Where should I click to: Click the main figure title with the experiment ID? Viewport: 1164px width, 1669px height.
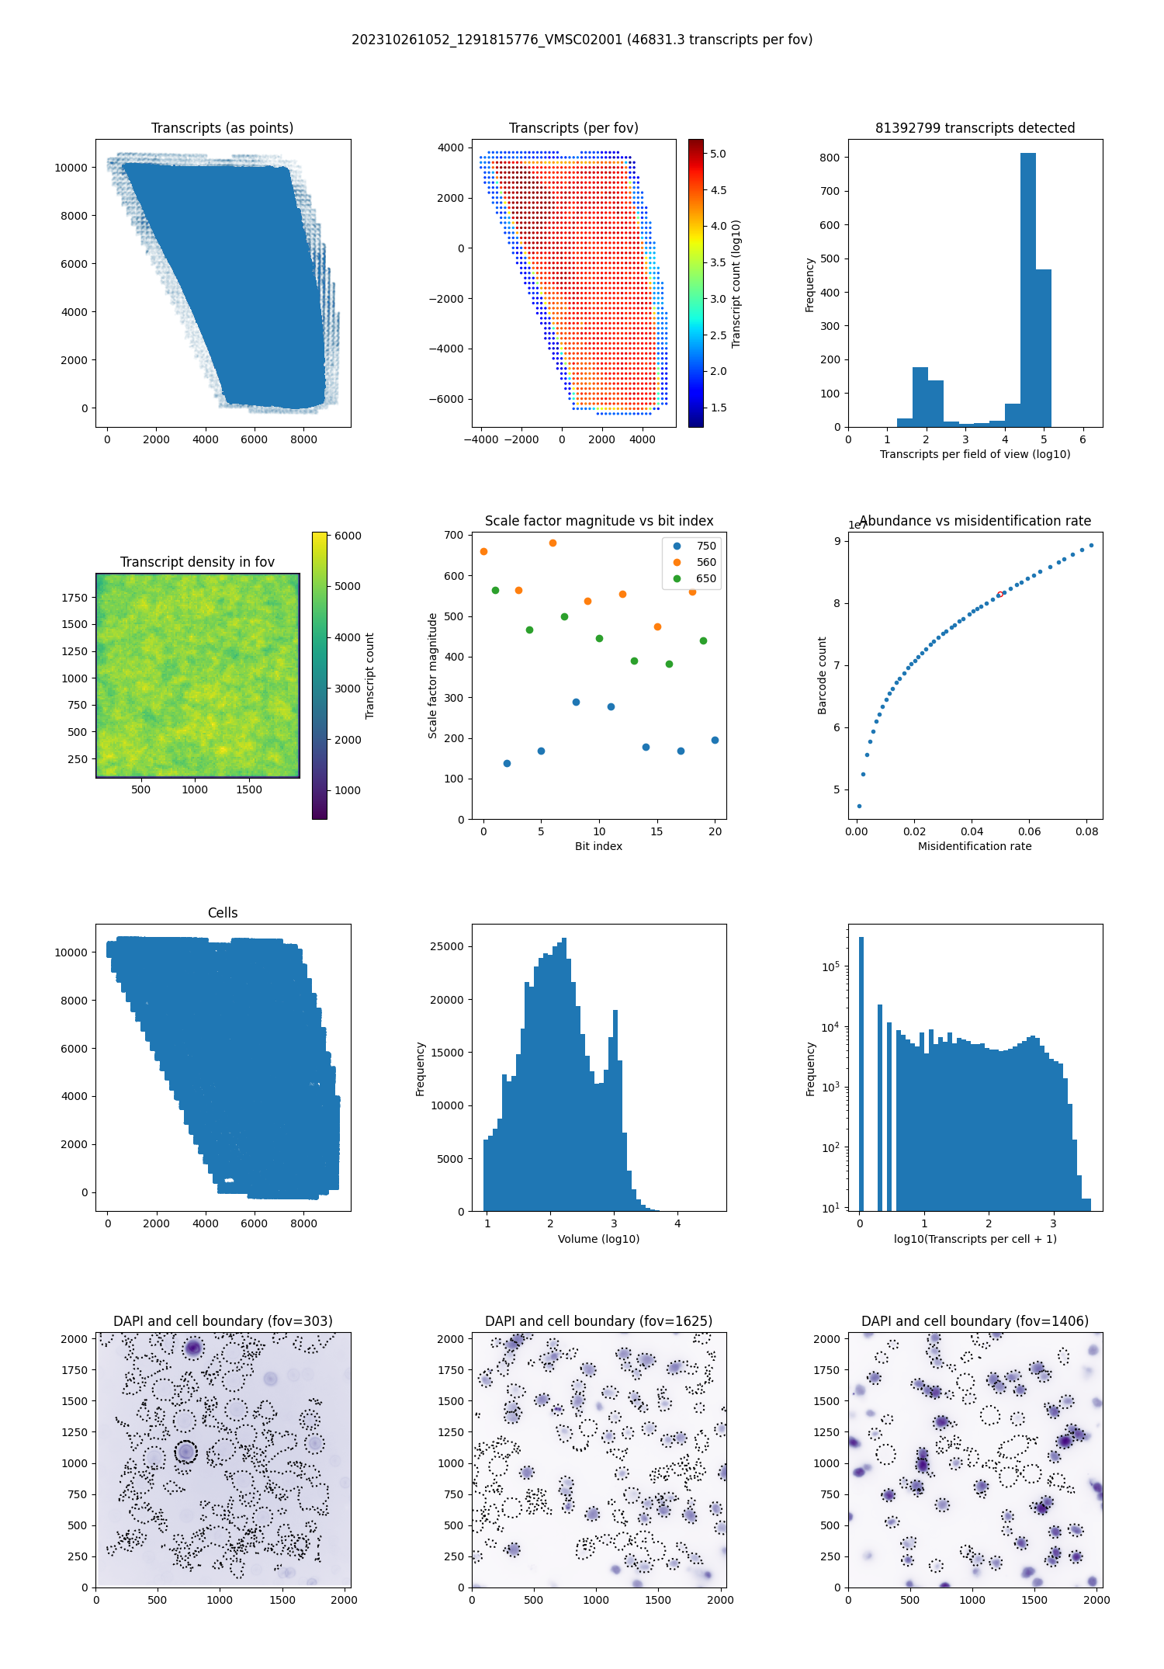click(x=582, y=40)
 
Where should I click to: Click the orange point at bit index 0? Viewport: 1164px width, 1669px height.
click(x=484, y=552)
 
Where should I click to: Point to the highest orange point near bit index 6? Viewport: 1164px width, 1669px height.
click(x=553, y=543)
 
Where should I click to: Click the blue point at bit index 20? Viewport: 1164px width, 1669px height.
click(x=715, y=741)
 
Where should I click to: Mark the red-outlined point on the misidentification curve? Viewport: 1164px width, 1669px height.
click(x=1000, y=595)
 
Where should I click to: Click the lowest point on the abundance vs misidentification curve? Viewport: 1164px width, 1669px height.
click(x=859, y=806)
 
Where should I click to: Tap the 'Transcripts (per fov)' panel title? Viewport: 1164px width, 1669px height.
click(x=573, y=128)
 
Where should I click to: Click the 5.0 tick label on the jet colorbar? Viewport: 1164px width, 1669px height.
click(x=718, y=154)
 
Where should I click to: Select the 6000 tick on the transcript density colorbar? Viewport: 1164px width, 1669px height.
click(x=348, y=536)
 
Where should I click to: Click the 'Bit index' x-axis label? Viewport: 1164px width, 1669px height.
click(x=598, y=846)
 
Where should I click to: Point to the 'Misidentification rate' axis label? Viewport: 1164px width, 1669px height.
click(x=975, y=846)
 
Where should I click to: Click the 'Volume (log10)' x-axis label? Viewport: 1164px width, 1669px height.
click(x=598, y=1239)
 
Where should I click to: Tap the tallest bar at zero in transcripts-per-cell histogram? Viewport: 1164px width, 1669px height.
click(x=861, y=1071)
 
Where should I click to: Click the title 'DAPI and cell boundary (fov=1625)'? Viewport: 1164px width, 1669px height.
click(x=598, y=1321)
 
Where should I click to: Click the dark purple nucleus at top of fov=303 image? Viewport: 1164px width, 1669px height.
click(x=192, y=1348)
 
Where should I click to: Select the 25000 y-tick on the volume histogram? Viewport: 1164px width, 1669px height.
click(x=447, y=946)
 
